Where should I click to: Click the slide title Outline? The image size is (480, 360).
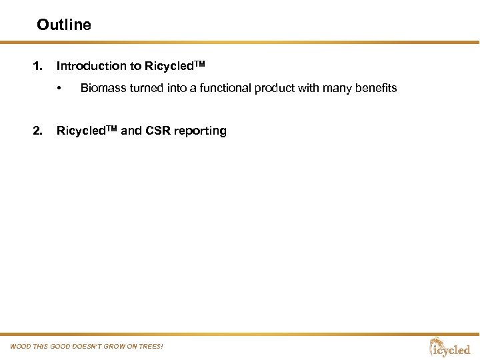[x=64, y=25]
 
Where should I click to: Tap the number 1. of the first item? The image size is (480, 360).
[x=38, y=66]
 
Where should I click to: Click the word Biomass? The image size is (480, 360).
[x=102, y=88]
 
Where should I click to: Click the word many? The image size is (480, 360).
[x=333, y=88]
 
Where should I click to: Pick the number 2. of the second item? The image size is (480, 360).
[x=38, y=131]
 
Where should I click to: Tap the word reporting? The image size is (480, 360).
[x=199, y=131]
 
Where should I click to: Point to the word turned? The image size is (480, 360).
[x=143, y=88]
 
